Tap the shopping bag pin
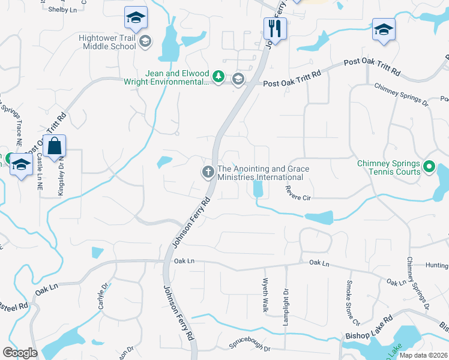point(54,146)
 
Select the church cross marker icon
point(208,173)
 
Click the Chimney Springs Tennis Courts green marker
point(429,167)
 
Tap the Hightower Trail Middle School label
point(107,41)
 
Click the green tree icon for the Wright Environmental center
point(220,77)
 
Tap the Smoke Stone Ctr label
point(352,303)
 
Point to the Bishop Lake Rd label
point(368,327)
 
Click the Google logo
point(20,353)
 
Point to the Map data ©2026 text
point(423,355)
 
